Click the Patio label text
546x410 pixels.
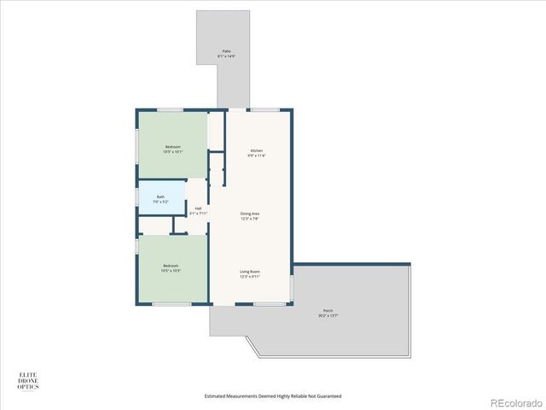(x=227, y=51)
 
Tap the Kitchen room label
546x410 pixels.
(x=257, y=150)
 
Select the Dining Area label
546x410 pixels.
(x=249, y=214)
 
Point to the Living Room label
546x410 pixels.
(x=249, y=272)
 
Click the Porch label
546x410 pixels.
(x=328, y=310)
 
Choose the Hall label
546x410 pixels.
(x=198, y=208)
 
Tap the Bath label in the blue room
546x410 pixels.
(x=160, y=196)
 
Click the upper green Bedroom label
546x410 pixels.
(x=173, y=147)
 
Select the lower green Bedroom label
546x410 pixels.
(x=171, y=266)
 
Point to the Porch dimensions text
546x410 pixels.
(x=328, y=315)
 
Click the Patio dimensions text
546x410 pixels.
(x=227, y=56)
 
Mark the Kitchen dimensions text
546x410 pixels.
(x=257, y=155)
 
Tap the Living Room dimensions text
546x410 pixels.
(x=249, y=277)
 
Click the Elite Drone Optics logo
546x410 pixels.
(x=28, y=380)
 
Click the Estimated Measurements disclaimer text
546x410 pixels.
(x=273, y=396)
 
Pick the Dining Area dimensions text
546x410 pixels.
(x=249, y=219)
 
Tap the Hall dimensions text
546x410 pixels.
(x=198, y=214)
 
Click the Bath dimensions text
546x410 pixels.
(x=160, y=202)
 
